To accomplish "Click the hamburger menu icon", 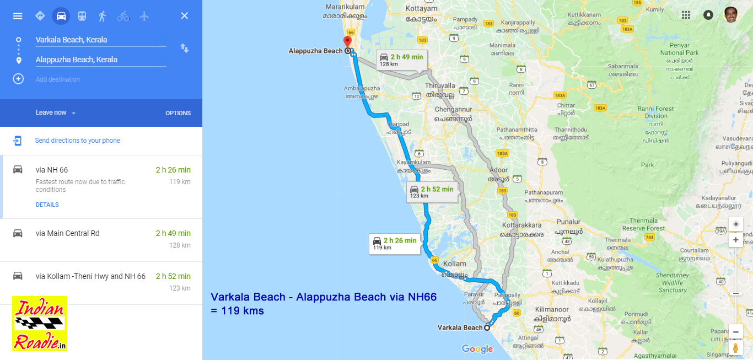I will click(18, 16).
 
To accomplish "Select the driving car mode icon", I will click(61, 16).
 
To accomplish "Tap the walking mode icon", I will click(102, 16).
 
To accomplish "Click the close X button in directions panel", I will click(185, 16).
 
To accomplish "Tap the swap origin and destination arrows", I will click(185, 49).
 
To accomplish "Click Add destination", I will click(57, 79).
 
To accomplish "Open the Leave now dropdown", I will click(55, 112).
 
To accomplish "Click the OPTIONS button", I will click(178, 113).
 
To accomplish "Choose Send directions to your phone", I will click(77, 141).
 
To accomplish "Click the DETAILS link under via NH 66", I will click(47, 205).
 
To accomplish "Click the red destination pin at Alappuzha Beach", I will click(347, 42).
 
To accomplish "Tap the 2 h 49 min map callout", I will click(401, 60).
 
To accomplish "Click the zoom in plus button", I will click(735, 240).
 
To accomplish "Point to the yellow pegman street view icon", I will click(735, 348).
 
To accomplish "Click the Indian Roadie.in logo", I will click(40, 324).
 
